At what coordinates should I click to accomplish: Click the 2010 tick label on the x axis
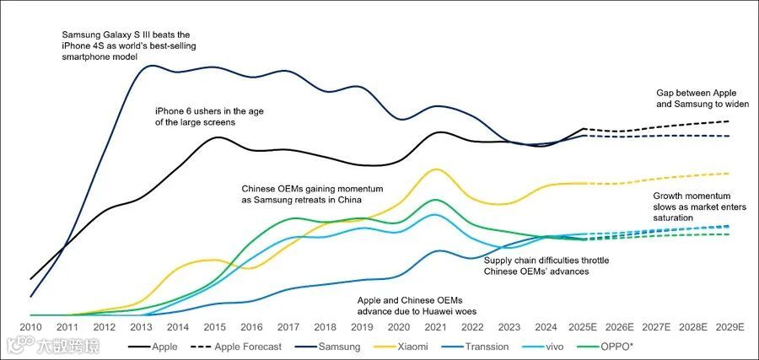tap(30, 327)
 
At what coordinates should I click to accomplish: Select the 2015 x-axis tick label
tap(215, 327)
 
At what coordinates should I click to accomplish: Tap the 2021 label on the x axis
tap(436, 327)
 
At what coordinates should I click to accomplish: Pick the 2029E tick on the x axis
tap(729, 327)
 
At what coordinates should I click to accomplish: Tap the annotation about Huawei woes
tap(411, 304)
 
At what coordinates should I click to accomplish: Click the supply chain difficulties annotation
tap(546, 266)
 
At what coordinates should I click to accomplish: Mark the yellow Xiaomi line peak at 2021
tap(435, 169)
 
